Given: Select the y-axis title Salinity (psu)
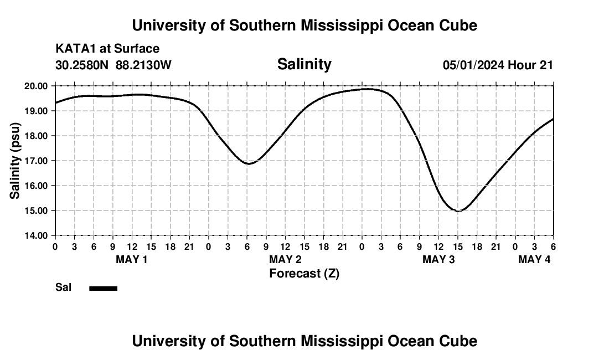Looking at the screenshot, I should coord(16,161).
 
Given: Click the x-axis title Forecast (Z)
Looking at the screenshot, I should coord(304,273).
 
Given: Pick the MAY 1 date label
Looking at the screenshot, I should coord(131,259).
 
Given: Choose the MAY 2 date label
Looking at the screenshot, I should coord(285,259).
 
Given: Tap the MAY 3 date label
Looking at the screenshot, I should coord(438,259).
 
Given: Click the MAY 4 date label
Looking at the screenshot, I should coord(534,259).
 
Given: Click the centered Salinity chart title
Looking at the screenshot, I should coord(304,64).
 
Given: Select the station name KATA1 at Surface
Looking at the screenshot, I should coord(107,49).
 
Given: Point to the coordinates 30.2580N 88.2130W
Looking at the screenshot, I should coord(113,65).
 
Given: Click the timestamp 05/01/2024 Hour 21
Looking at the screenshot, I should coord(498,65).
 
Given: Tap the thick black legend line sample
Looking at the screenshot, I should coord(103,288).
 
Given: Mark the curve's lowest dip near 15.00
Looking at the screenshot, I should coord(458,210).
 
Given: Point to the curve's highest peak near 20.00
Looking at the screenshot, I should coord(368,89).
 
